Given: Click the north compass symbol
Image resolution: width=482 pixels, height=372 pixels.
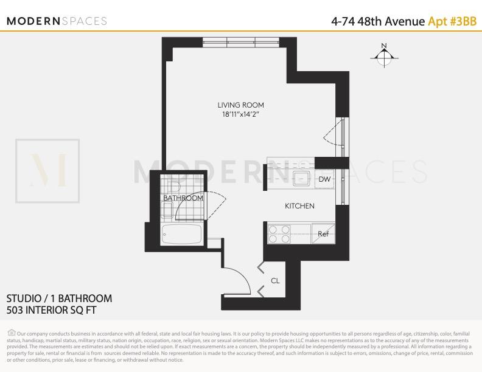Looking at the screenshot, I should (383, 56).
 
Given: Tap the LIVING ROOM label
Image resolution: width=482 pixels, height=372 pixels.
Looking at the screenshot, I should (241, 105).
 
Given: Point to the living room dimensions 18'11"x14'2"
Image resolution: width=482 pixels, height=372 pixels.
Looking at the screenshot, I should (241, 114).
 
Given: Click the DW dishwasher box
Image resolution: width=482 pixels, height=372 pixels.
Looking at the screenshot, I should (324, 179).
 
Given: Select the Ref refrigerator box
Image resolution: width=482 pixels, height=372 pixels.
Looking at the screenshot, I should (323, 233).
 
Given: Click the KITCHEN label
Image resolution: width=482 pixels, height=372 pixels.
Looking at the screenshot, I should (299, 206).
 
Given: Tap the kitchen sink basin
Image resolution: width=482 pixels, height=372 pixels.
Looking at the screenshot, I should (300, 179).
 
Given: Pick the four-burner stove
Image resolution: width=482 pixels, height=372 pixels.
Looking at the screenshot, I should (281, 234).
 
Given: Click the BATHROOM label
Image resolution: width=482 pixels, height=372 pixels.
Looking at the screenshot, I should (183, 198).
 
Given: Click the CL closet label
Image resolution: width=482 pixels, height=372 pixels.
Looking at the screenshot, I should (275, 280).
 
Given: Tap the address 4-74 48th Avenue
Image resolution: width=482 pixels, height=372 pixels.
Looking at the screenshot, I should (377, 21).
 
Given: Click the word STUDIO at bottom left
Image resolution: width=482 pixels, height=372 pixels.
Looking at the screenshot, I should (24, 298).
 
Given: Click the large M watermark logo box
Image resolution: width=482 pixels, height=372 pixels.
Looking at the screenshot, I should (47, 171).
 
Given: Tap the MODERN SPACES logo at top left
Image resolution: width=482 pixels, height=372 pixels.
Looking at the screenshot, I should (57, 21).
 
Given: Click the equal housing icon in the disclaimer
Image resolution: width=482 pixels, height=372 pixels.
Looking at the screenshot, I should (12, 332).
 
